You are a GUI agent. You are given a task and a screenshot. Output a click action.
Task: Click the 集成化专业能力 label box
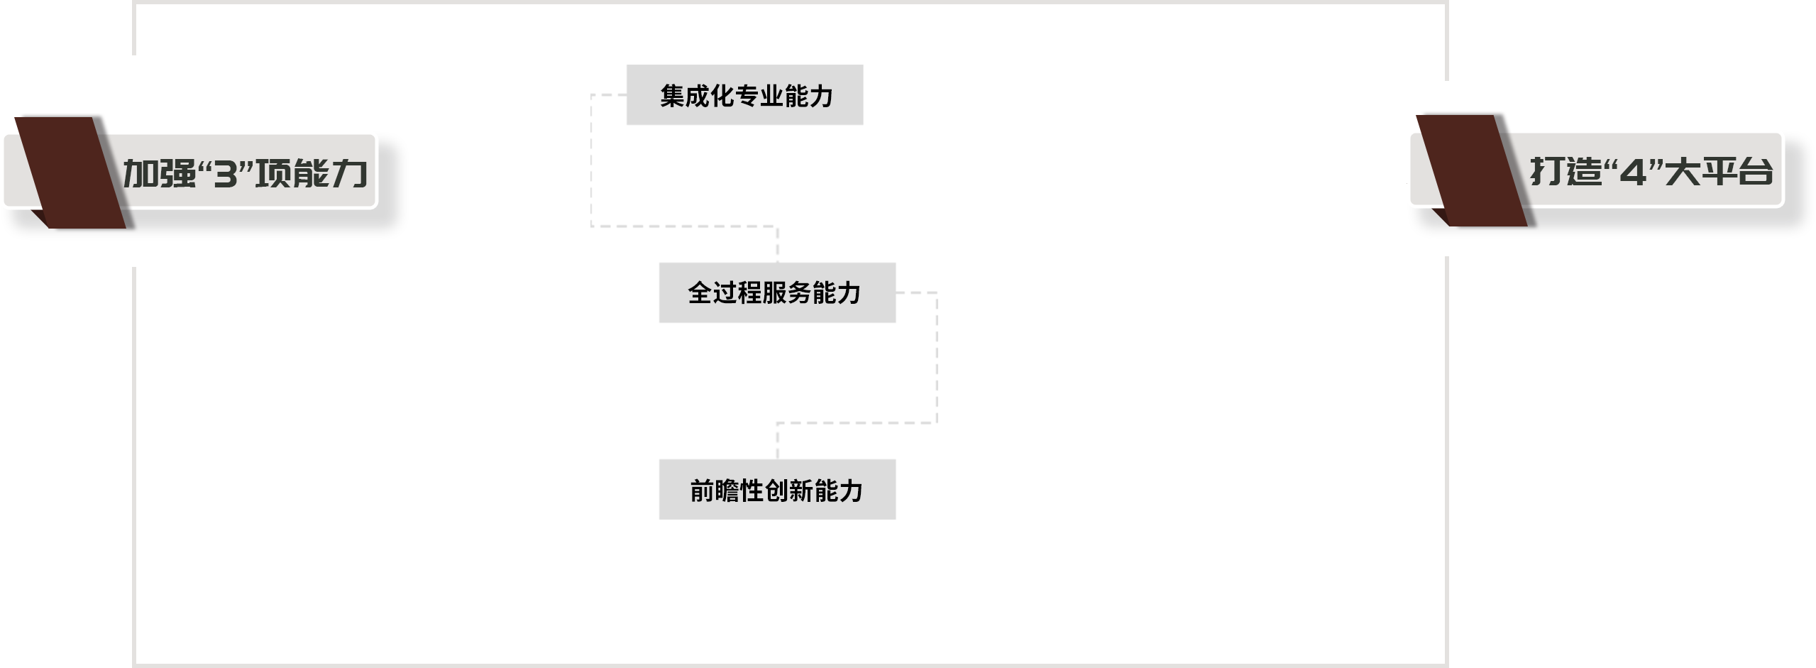click(744, 95)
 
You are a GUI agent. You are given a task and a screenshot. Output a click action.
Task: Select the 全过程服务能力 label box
click(777, 292)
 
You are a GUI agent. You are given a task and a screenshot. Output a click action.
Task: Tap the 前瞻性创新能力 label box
click(777, 490)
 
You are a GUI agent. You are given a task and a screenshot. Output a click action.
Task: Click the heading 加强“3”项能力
click(245, 173)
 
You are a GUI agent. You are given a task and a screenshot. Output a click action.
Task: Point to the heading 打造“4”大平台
click(1650, 171)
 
